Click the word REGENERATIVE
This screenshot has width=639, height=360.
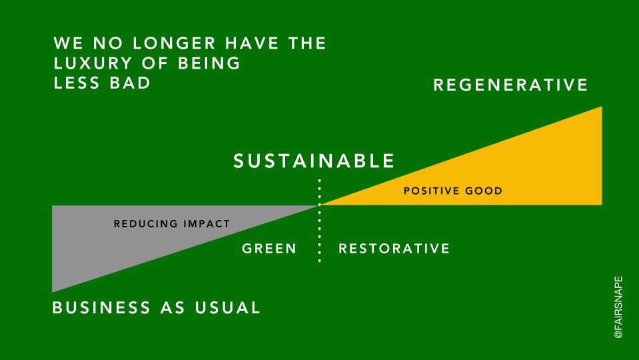click(x=510, y=85)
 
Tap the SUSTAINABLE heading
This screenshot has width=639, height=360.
click(x=314, y=161)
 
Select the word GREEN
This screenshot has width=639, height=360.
click(x=269, y=248)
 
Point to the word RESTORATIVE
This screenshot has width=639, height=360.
click(x=394, y=248)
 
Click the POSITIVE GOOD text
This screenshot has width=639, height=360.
click(x=453, y=191)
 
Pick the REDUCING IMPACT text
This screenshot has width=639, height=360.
click(x=172, y=224)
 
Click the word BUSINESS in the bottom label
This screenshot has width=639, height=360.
click(x=101, y=307)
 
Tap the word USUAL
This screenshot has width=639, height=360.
click(x=227, y=307)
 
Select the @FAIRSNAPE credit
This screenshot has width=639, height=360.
click(x=618, y=307)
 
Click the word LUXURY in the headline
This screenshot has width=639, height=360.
click(x=93, y=63)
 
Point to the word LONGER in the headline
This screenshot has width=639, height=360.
click(x=174, y=43)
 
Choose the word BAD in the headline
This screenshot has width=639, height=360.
click(x=130, y=83)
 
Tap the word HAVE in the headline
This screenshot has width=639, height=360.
click(x=251, y=43)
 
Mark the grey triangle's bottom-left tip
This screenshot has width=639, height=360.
click(x=53, y=292)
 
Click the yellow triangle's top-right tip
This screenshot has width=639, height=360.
click(x=602, y=107)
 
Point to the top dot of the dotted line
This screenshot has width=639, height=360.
click(x=320, y=180)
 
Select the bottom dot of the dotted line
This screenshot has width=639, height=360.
click(x=320, y=260)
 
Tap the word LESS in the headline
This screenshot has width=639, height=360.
click(x=77, y=83)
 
